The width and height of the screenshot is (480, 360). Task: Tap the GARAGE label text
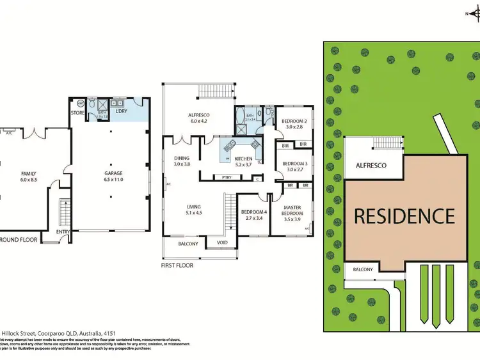point(113,173)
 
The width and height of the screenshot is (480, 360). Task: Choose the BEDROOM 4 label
point(254,212)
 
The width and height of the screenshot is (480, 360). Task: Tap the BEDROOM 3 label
point(296,164)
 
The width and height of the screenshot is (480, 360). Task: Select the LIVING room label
point(194,207)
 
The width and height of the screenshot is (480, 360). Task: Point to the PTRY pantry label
point(227,177)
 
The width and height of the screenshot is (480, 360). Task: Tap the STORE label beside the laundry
point(79,114)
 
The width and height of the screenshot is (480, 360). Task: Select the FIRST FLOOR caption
point(177,265)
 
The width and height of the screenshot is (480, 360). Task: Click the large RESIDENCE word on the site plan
point(404,217)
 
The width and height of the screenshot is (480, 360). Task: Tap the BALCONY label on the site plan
point(363,269)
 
